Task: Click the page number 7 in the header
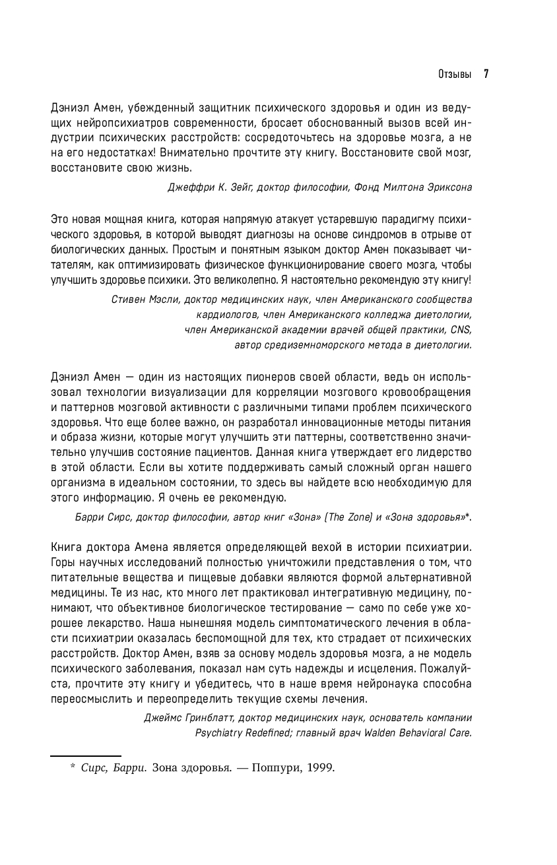coord(486,74)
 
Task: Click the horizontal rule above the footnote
coord(86,755)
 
